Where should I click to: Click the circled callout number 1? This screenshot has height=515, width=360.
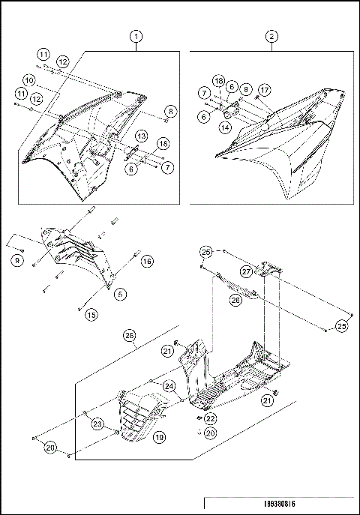(136, 35)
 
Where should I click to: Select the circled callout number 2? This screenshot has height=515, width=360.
(271, 35)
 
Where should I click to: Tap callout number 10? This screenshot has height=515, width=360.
(49, 79)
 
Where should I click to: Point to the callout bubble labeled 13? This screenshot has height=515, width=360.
(140, 135)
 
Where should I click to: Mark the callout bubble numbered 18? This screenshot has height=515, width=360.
(218, 79)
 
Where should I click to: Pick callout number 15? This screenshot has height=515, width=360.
(91, 313)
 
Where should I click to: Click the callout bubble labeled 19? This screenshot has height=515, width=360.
(160, 436)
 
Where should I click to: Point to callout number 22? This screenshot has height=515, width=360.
(211, 418)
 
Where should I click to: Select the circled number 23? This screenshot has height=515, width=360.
(97, 424)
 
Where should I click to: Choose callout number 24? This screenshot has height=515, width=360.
(169, 386)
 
